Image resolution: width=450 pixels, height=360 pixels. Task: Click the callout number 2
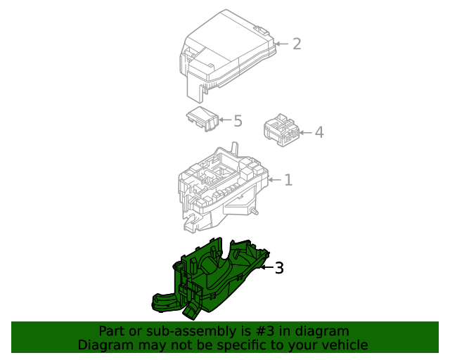tap(297, 44)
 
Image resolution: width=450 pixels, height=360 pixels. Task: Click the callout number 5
tap(238, 121)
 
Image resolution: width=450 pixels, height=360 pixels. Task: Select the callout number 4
tap(319, 132)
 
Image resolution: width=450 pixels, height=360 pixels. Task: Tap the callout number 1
tap(288, 181)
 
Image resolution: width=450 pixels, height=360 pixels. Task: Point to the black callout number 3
tap(279, 268)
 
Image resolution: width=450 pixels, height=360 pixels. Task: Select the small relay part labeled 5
tap(202, 119)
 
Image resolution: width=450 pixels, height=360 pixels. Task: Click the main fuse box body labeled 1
tap(218, 186)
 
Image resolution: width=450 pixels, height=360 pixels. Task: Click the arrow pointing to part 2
tap(281, 44)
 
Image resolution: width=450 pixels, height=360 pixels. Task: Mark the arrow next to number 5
tap(225, 121)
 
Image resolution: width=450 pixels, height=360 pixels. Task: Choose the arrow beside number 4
tap(304, 132)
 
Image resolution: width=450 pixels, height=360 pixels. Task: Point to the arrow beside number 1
tap(274, 181)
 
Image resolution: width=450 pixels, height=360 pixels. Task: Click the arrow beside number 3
tap(266, 267)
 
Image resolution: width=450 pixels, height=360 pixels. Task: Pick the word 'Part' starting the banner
tap(112, 331)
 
